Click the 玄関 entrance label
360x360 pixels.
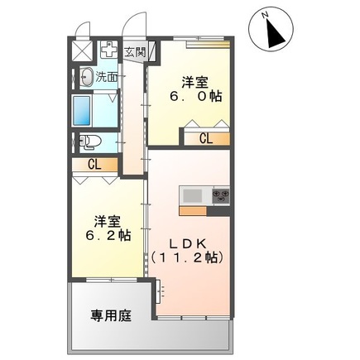click(x=134, y=51)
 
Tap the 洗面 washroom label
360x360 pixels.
click(x=106, y=76)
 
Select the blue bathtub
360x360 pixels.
click(x=83, y=109)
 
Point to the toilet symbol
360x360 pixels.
click(x=89, y=142)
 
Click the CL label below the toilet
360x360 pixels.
click(x=95, y=165)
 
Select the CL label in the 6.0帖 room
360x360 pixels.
click(x=205, y=138)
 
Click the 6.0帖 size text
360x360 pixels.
click(x=196, y=97)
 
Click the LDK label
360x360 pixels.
click(x=188, y=243)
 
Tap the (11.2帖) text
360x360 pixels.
click(x=188, y=257)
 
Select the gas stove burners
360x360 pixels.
click(x=221, y=196)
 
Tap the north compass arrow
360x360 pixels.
click(x=273, y=31)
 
